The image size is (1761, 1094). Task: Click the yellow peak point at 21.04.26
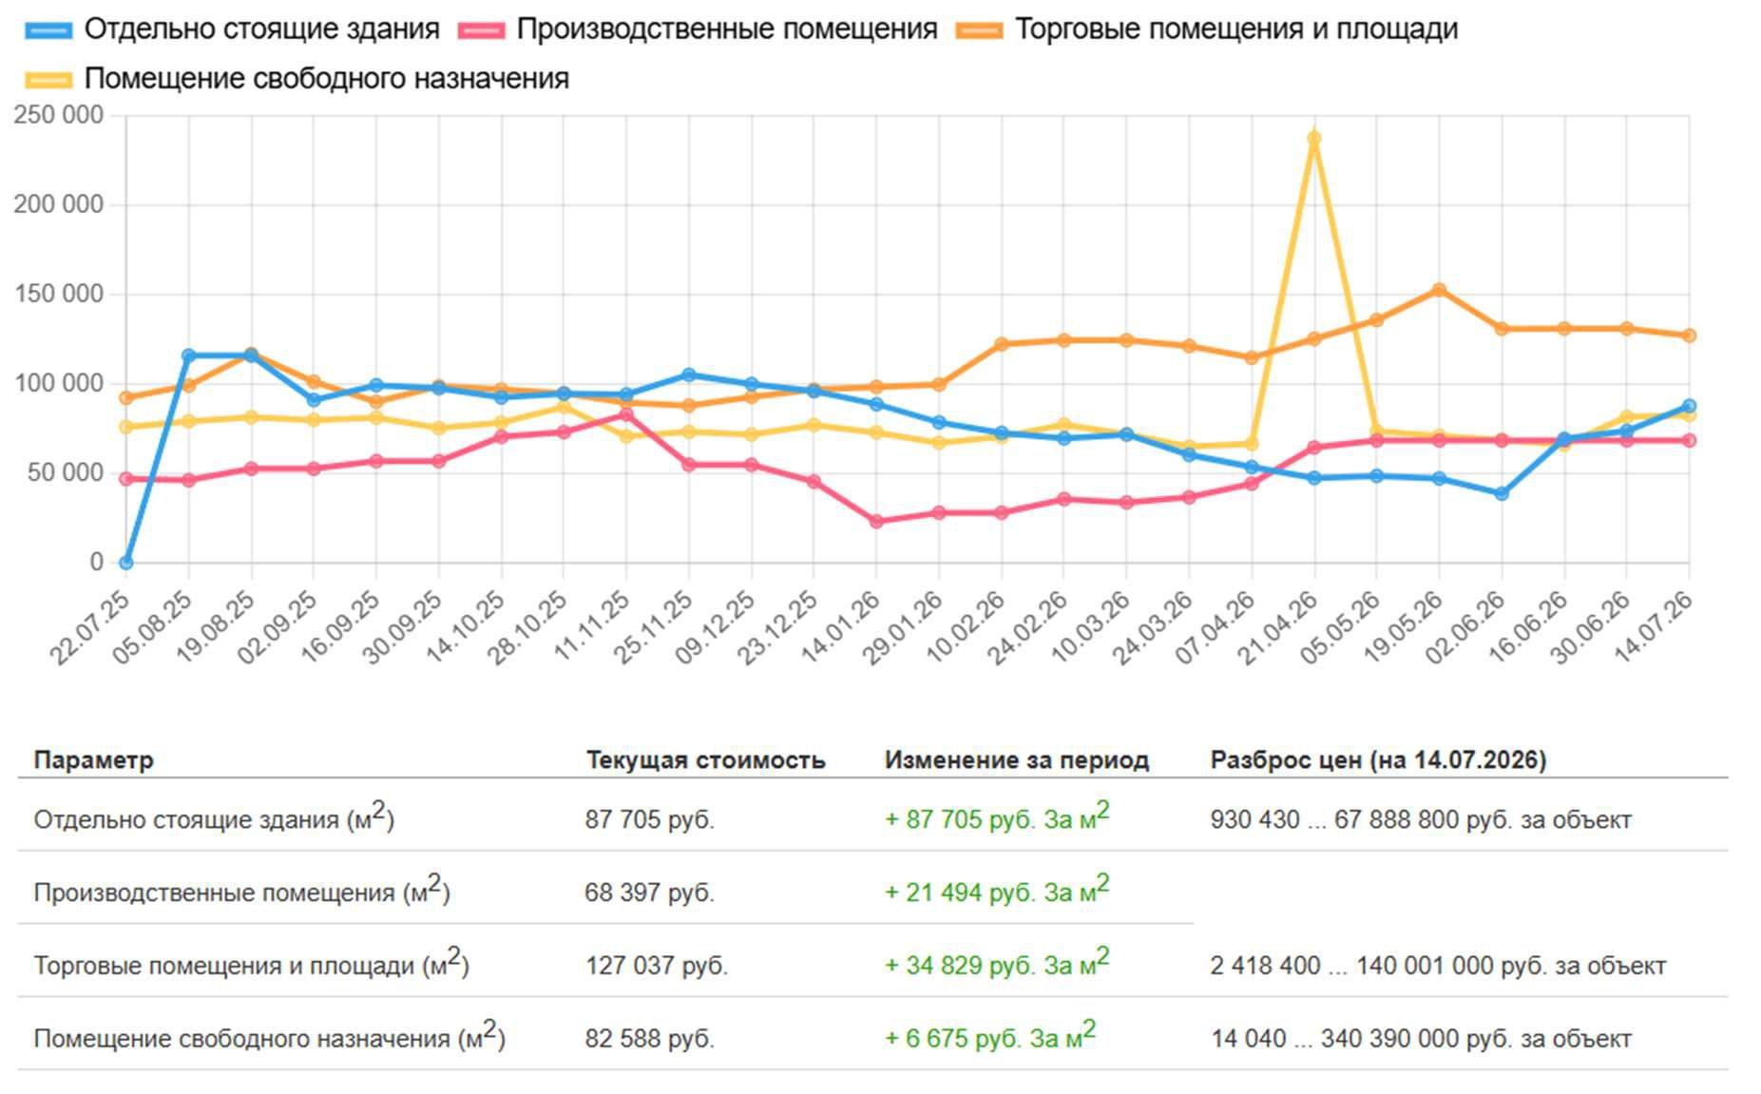pos(1314,139)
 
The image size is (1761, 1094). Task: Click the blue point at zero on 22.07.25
pos(125,563)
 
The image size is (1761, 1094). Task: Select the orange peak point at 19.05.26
pos(1439,290)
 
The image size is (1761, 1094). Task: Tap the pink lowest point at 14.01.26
pos(876,521)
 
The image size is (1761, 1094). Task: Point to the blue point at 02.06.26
pos(1502,493)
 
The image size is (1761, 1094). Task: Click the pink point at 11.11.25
pos(626,414)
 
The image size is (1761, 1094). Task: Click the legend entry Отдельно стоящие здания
pos(233,29)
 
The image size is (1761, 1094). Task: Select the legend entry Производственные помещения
pos(698,29)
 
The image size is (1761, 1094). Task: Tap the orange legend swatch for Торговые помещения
pos(980,30)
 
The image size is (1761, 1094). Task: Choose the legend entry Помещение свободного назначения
pos(297,79)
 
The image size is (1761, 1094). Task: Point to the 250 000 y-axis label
pos(59,115)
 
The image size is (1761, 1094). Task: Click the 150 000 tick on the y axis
pos(59,294)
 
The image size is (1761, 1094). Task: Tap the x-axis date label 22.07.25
pos(89,626)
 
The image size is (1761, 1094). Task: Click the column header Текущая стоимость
pos(705,760)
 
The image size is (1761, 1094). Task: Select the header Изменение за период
pos(1017,760)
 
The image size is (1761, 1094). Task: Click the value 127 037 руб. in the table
pos(657,966)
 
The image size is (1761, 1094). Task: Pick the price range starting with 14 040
pos(1421,1039)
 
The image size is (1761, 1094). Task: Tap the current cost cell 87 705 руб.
pos(650,819)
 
